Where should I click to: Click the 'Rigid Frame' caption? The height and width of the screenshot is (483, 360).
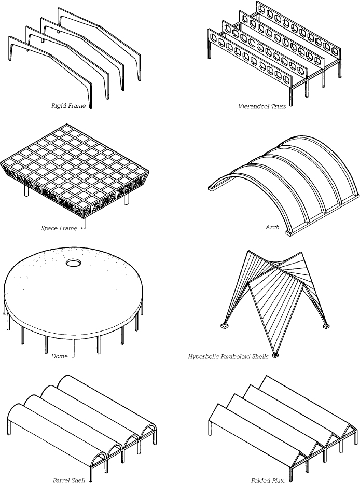click(x=68, y=106)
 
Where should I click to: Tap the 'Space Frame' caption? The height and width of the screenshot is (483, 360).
click(x=58, y=228)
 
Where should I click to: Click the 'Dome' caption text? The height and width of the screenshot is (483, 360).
click(x=60, y=356)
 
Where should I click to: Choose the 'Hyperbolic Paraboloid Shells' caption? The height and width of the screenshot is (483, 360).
click(x=228, y=357)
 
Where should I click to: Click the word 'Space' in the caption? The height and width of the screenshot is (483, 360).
click(x=49, y=228)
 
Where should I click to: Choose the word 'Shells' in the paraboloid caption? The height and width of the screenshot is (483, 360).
click(x=259, y=357)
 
